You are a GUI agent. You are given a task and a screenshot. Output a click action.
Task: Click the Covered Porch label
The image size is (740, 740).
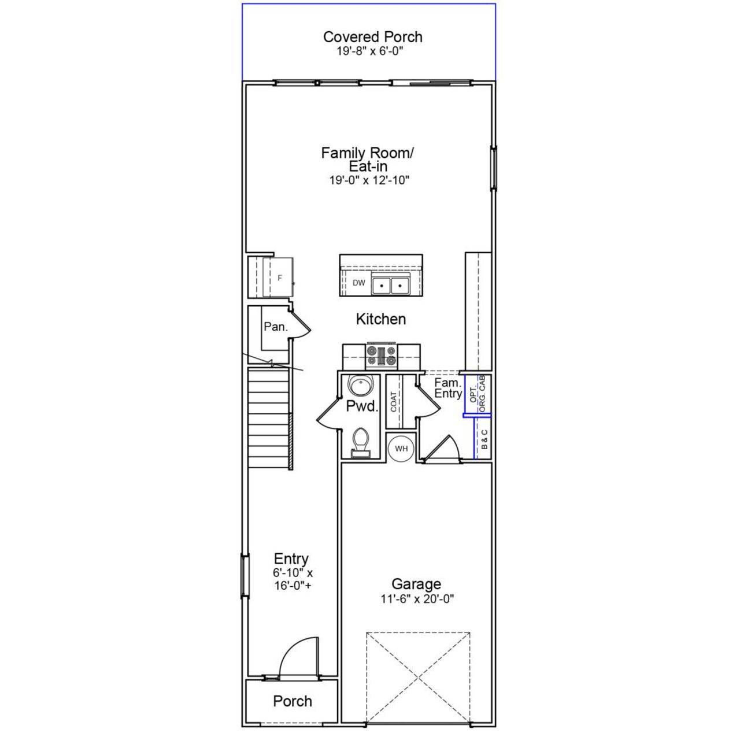372,37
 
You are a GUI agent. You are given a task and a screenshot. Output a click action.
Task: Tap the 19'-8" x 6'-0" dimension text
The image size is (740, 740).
369,51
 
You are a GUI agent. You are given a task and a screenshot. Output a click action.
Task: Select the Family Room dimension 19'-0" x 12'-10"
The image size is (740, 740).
369,180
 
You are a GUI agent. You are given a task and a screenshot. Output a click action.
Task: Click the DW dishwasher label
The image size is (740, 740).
359,283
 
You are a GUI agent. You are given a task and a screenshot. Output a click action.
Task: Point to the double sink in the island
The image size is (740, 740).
390,285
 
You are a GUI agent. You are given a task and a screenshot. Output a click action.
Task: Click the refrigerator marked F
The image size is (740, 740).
279,278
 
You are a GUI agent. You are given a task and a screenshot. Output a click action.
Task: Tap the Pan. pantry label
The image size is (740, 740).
275,327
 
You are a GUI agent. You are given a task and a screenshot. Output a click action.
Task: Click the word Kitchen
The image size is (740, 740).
380,319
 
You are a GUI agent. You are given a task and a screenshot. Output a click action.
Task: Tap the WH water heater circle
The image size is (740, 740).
401,449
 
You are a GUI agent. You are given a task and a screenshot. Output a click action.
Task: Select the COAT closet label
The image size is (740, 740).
394,402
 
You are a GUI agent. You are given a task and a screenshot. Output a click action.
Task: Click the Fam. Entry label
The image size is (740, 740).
448,388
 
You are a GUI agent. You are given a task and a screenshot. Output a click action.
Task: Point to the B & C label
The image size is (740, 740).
484,439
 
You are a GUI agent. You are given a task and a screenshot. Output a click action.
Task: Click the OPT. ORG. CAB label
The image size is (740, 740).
478,394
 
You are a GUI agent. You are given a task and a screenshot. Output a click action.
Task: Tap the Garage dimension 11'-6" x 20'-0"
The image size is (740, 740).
416,600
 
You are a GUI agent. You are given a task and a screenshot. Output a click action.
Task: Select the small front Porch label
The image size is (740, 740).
292,701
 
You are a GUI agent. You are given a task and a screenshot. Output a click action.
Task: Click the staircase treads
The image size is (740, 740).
268,419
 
